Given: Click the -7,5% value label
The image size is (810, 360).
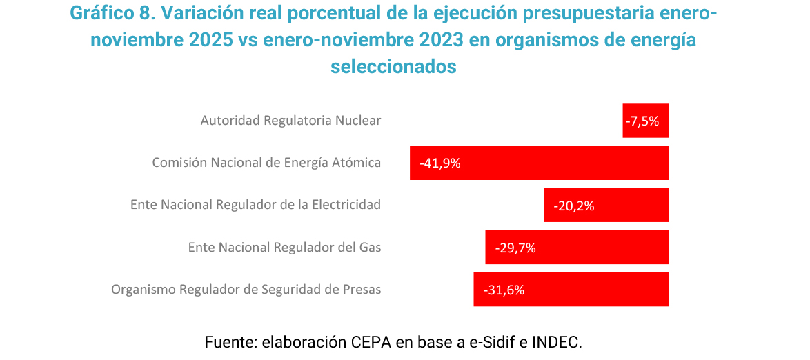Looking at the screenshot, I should (643, 121).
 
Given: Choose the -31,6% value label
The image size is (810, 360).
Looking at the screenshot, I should (504, 290).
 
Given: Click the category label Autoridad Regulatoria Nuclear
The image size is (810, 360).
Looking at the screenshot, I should (290, 121).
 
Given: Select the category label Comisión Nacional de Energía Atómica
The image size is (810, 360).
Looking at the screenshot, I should (266, 163).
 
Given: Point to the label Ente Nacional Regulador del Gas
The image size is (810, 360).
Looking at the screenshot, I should (284, 247).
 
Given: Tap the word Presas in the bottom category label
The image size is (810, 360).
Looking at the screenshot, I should (362, 290).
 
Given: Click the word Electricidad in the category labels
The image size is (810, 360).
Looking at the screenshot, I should (346, 205).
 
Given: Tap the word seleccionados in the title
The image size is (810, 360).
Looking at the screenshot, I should (394, 67).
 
